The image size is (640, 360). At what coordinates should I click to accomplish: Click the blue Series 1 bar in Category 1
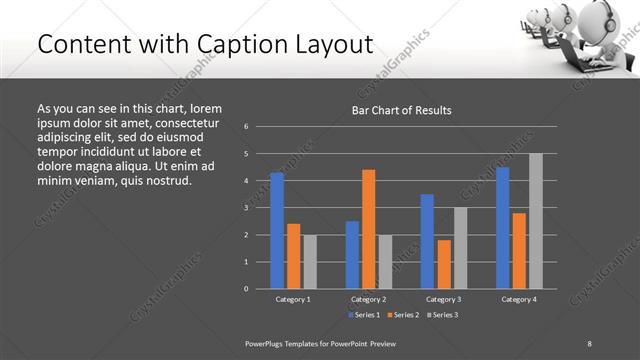(x=277, y=230)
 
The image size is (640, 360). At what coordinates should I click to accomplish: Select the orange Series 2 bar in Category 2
(x=369, y=229)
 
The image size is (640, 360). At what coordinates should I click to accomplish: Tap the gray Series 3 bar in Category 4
(x=536, y=221)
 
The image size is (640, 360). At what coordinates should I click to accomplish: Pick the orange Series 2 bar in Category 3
(x=444, y=264)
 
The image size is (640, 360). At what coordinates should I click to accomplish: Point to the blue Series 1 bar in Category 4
(x=502, y=228)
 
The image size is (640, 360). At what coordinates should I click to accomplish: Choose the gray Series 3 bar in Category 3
(x=461, y=248)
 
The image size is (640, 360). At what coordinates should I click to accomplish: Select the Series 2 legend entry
(x=402, y=315)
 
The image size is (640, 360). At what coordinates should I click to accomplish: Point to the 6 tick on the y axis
(x=246, y=127)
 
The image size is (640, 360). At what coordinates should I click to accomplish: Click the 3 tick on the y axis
(x=246, y=208)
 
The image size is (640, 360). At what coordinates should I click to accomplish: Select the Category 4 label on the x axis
(x=518, y=299)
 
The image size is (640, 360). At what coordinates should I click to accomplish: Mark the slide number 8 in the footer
(x=590, y=343)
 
